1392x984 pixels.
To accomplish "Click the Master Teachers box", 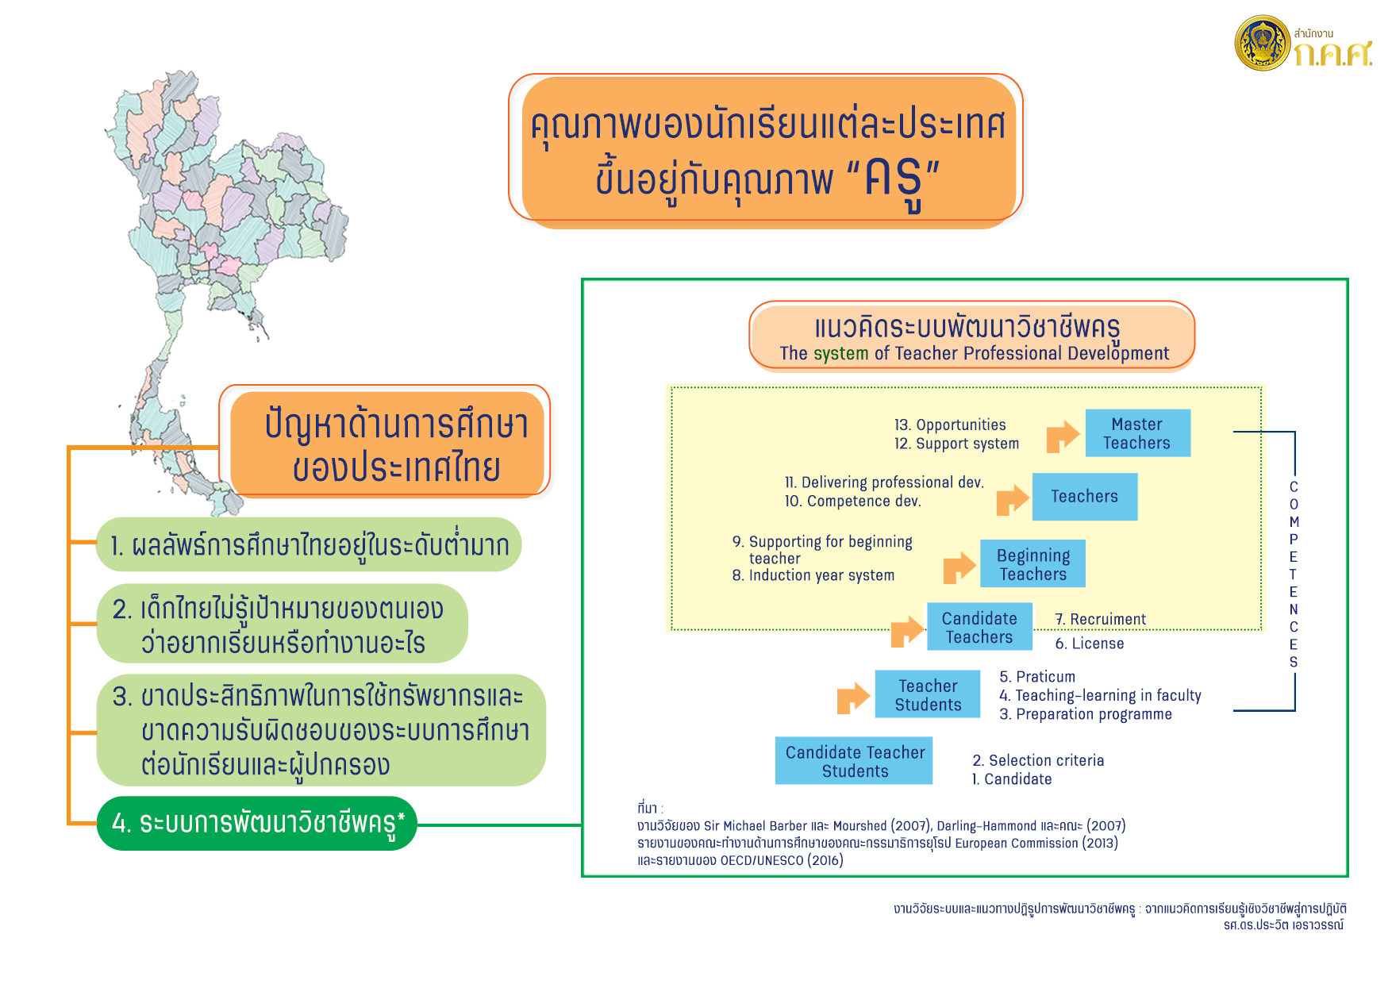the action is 1137,433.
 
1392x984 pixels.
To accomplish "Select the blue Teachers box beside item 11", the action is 1085,497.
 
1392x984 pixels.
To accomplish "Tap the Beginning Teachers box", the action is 1032,563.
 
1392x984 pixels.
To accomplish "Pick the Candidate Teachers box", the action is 979,627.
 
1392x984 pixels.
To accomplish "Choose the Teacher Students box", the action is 928,694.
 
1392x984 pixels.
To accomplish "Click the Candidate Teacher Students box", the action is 854,761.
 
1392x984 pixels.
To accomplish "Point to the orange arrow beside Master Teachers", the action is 1063,436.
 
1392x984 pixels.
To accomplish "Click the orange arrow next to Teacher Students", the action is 853,698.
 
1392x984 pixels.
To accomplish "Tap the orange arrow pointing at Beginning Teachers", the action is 959,567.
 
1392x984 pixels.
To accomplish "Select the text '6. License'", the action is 1090,644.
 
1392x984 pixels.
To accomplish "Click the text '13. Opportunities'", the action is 950,425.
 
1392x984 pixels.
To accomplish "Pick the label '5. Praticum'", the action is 1037,677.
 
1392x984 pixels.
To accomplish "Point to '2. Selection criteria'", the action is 1038,760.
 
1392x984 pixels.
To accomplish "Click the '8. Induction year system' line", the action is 813,575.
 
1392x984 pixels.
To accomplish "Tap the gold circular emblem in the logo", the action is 1263,43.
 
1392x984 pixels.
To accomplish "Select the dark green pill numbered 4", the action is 257,824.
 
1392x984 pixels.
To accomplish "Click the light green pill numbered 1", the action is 309,544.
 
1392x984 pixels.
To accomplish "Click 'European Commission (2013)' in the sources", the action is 1036,843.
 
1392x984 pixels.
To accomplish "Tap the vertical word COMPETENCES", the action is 1294,575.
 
